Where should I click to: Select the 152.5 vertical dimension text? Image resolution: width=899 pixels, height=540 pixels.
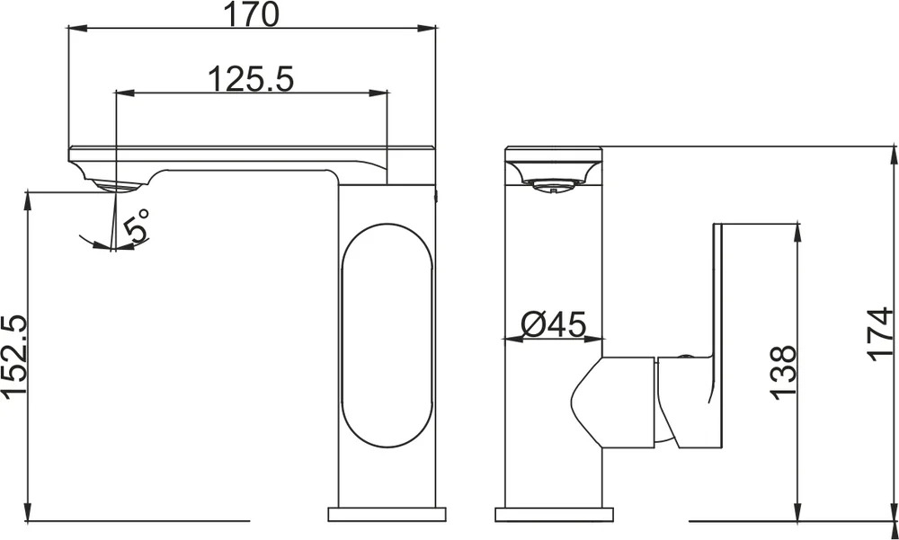(13, 357)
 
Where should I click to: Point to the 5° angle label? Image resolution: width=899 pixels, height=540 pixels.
(137, 224)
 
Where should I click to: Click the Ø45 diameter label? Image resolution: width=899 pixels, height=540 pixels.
(554, 324)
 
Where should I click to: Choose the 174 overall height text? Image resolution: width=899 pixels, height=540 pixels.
(881, 334)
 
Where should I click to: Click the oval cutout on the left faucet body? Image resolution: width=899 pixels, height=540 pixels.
(386, 335)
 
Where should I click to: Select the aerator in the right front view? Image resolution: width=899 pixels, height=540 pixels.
(552, 184)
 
